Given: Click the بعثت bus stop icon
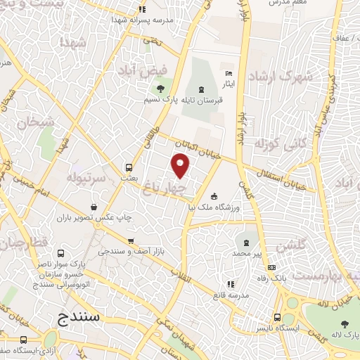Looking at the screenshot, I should pos(129,168).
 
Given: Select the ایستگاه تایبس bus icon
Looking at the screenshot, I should pos(277,317).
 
